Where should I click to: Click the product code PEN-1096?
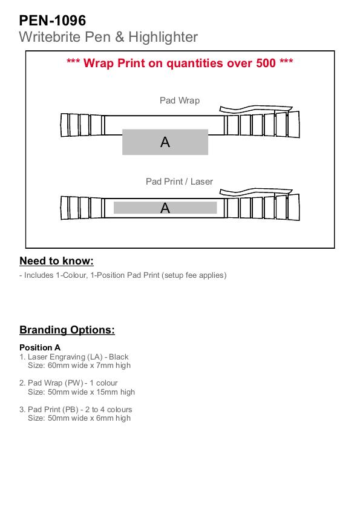[52, 21]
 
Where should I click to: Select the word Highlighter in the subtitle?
[163, 37]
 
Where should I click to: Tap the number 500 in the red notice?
[266, 63]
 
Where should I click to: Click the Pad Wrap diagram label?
[180, 100]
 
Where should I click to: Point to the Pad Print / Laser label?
[179, 182]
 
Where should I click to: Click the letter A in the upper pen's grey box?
[165, 142]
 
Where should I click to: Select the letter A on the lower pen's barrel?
[165, 208]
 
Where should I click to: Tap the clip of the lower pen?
[256, 191]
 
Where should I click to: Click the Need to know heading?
[56, 261]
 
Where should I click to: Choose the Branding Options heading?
[67, 330]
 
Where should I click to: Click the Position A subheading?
[40, 347]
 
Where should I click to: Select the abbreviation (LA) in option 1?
[95, 357]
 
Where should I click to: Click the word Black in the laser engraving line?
[119, 357]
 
